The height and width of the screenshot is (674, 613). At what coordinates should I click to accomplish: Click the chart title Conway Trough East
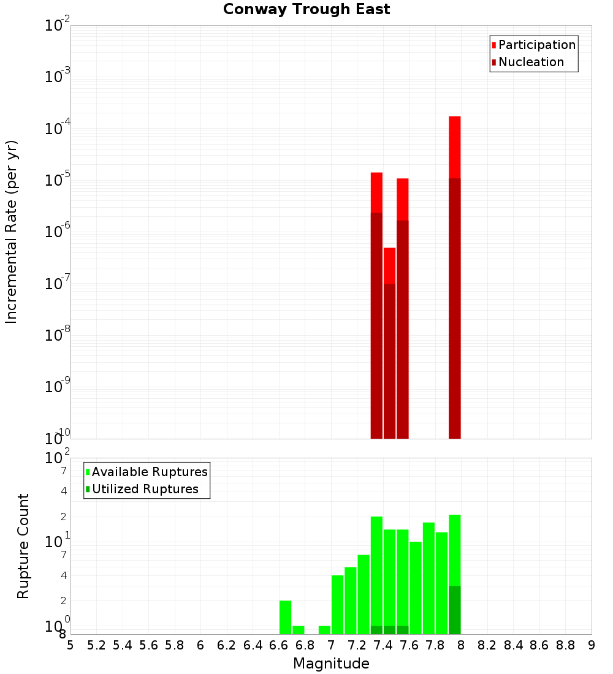306,9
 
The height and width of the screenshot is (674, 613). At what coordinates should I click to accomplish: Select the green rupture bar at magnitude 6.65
285,617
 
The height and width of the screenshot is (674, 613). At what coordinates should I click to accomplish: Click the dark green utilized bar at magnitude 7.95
454,610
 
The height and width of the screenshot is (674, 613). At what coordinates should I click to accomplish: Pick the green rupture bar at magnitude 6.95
324,630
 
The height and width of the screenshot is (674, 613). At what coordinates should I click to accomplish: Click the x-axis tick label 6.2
227,645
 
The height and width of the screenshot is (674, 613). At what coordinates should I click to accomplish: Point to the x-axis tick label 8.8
565,645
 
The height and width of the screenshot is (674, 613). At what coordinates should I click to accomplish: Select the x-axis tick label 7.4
383,645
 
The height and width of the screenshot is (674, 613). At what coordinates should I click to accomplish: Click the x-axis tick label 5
70,645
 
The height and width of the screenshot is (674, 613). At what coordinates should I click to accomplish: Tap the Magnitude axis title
331,664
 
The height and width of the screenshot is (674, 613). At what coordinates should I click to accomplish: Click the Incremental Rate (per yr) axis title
12,232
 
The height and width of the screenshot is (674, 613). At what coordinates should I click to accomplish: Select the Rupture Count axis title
23,546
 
